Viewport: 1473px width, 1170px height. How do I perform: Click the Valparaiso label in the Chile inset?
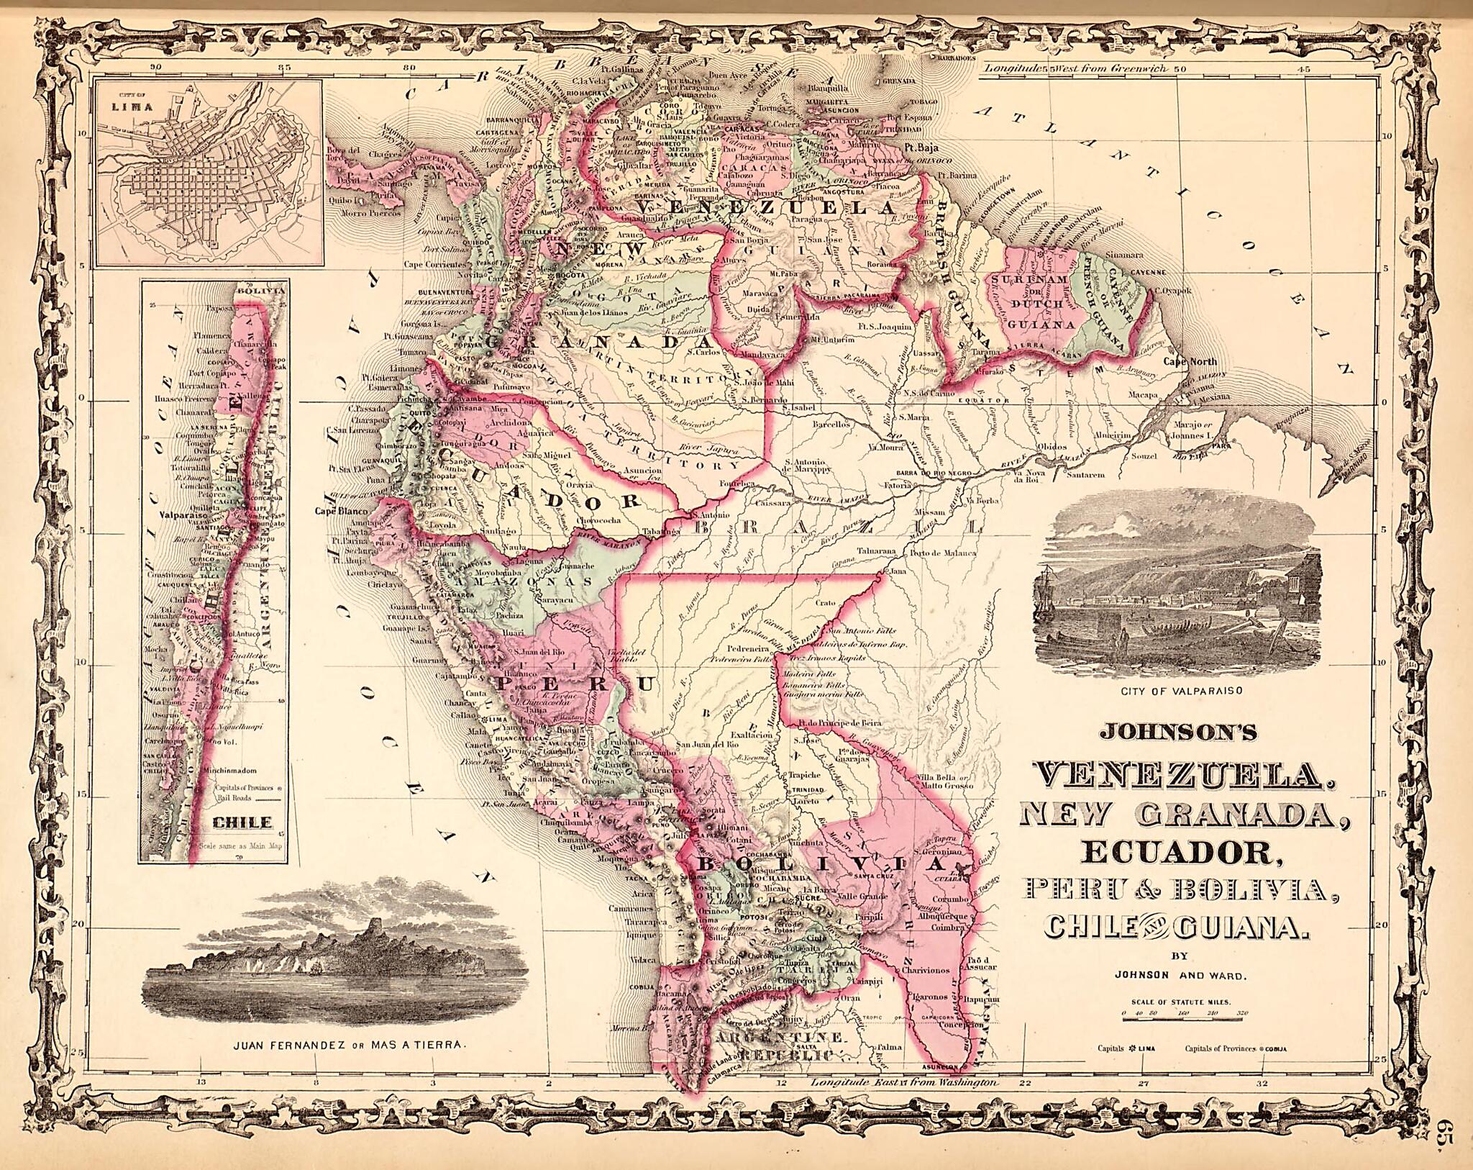183,516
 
